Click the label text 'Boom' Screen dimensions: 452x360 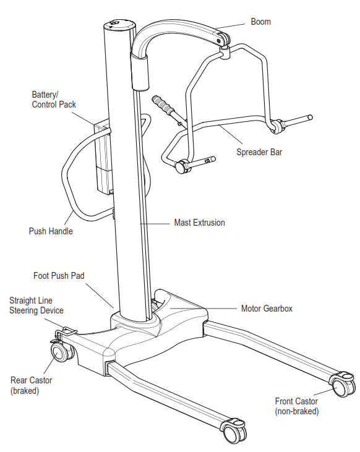(260, 22)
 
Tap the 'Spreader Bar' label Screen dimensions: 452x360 (259, 151)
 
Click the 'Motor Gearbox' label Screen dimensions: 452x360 (267, 307)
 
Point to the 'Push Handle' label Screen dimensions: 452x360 (51, 231)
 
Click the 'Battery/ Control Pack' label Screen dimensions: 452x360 (54, 100)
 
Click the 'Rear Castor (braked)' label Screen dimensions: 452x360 (31, 385)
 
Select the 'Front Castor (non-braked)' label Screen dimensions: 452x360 (296, 406)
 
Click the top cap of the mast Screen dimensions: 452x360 (118, 25)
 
